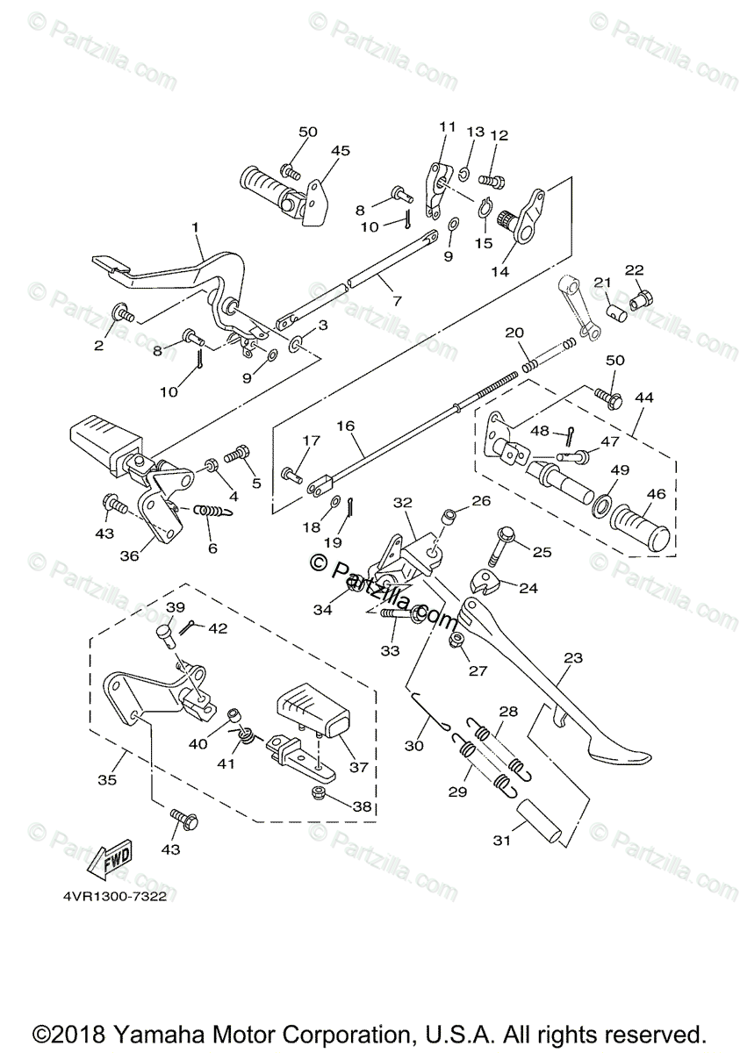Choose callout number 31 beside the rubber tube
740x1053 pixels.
click(501, 841)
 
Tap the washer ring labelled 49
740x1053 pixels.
click(603, 506)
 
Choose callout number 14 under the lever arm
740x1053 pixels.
click(499, 272)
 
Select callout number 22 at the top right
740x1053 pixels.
click(634, 269)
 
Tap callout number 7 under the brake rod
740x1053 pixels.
click(396, 301)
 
